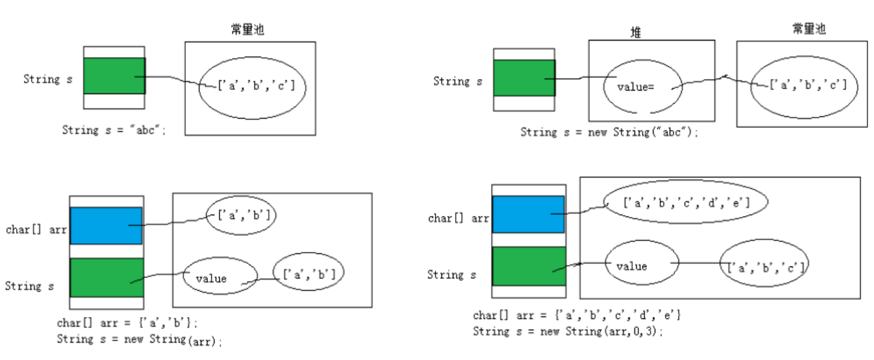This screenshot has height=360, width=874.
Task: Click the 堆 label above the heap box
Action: [x=636, y=33]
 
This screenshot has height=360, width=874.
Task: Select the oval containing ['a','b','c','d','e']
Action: [x=685, y=203]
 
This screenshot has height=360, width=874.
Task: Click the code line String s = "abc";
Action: [x=113, y=130]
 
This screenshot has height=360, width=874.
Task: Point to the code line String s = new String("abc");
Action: [x=608, y=132]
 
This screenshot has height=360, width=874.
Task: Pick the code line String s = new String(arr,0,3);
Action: [x=567, y=331]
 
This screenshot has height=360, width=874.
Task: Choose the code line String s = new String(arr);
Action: [x=139, y=340]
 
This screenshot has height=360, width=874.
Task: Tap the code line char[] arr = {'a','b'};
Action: [x=126, y=323]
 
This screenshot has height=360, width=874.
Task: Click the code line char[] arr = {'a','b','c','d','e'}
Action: [x=577, y=315]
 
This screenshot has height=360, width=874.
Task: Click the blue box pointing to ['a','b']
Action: [x=106, y=225]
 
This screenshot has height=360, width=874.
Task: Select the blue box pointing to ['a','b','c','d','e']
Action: [x=528, y=213]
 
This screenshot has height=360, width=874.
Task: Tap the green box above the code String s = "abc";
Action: [x=114, y=76]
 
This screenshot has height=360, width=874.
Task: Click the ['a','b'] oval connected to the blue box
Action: [x=241, y=214]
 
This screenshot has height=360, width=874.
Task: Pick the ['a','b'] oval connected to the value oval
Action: [x=309, y=274]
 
